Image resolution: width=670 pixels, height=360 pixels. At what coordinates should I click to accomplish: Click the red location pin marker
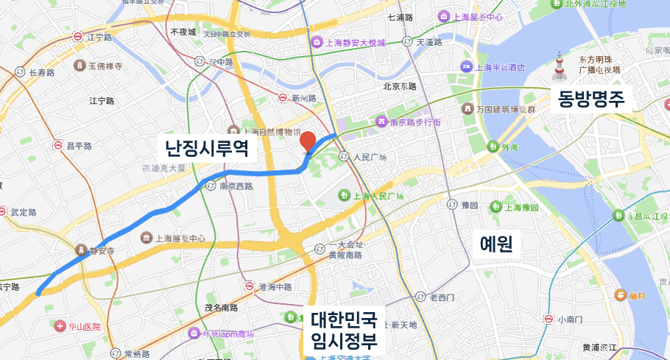[308, 141]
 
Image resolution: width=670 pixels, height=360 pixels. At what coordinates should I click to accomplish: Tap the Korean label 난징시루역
[210, 150]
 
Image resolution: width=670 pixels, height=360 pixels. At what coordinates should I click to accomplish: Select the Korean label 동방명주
[591, 98]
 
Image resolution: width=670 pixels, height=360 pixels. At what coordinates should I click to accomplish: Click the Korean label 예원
[496, 244]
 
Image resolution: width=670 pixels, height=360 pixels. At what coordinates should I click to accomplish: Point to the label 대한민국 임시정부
[344, 331]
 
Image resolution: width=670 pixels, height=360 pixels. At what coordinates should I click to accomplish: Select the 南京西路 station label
[236, 186]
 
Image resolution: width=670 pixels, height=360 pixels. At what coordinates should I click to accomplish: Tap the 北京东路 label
[400, 86]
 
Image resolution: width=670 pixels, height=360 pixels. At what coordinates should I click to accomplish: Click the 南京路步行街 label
[415, 121]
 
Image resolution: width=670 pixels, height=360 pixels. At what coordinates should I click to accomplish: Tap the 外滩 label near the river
[509, 147]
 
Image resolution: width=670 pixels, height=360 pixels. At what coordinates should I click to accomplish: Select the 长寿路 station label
[42, 72]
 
